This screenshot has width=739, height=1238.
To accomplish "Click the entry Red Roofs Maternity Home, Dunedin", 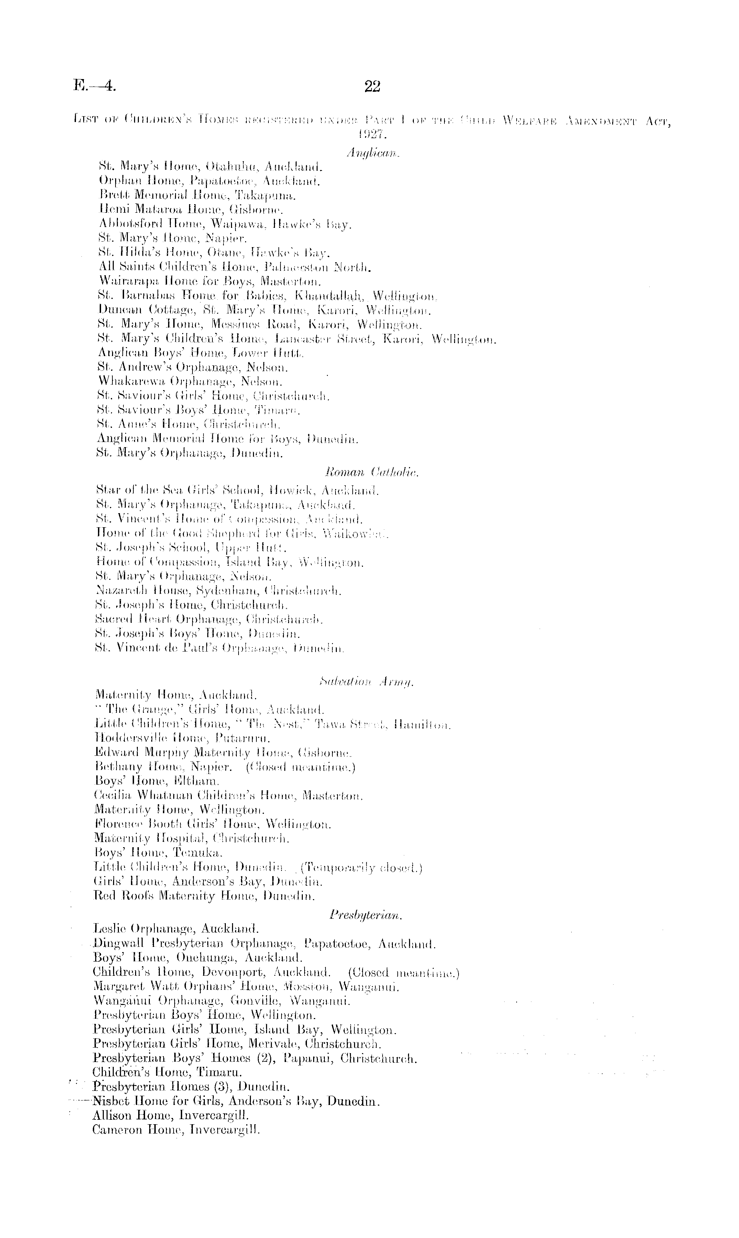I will [204, 896].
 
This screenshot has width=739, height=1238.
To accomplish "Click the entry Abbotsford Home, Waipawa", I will [224, 224].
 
